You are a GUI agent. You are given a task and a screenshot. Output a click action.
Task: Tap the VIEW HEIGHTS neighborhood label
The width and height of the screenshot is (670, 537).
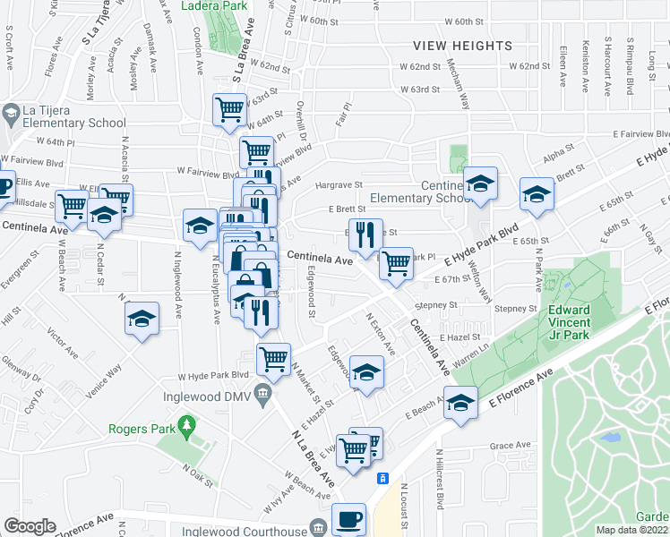[462, 45]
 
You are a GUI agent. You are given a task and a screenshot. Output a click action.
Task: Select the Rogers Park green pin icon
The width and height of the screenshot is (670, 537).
[186, 422]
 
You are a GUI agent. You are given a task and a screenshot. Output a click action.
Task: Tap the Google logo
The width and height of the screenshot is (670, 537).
[30, 526]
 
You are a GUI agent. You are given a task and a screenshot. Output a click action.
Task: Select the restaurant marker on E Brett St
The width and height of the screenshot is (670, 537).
[365, 234]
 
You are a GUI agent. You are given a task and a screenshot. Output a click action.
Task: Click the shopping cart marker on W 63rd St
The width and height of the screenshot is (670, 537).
[230, 109]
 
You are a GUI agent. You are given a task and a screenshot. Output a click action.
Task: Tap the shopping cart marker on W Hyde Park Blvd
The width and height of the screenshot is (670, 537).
[274, 359]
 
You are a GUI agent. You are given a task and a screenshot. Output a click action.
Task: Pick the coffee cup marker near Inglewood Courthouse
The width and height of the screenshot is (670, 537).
[348, 518]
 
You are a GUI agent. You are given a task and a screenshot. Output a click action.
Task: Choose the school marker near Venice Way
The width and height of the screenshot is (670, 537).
[142, 319]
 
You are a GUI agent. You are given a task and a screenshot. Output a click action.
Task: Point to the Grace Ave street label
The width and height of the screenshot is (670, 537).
[511, 446]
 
